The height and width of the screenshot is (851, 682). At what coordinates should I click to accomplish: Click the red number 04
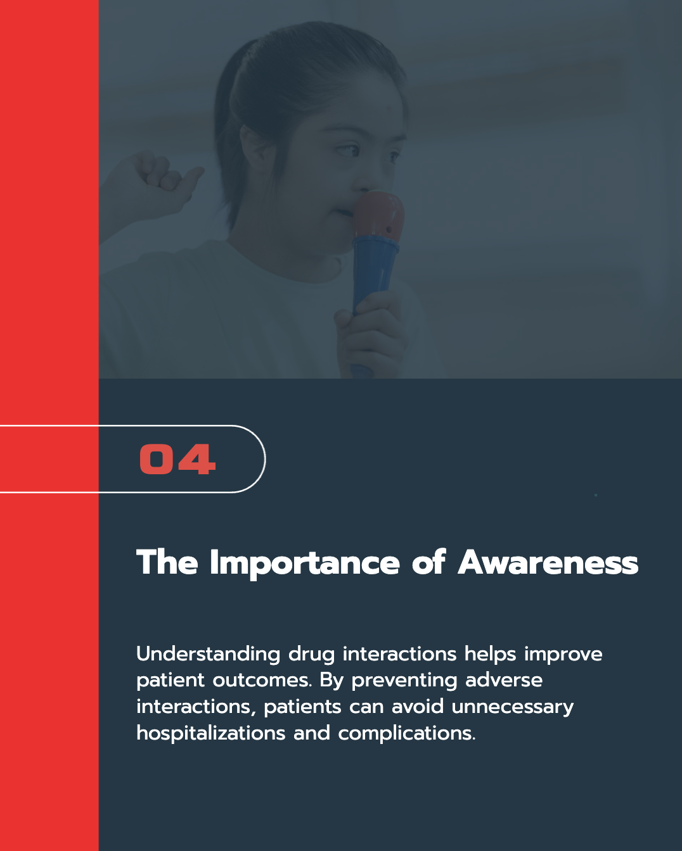point(177,458)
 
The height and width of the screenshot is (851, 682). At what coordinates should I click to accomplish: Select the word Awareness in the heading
point(548,562)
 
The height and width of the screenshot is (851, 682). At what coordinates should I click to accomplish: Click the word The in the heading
point(167,562)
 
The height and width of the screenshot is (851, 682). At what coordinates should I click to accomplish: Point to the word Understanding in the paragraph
point(208,653)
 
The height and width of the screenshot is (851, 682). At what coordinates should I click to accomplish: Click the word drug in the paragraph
point(311,655)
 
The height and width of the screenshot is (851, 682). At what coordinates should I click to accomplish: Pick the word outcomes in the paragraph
point(262,681)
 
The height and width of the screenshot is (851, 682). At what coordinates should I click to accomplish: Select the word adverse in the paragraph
point(503,681)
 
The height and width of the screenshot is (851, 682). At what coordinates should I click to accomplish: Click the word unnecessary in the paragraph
point(513,708)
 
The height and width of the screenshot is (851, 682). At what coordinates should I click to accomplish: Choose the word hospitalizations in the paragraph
point(210,733)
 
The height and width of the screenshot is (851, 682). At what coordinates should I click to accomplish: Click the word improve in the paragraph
point(563,655)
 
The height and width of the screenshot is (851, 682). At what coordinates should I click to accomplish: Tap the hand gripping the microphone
point(371,332)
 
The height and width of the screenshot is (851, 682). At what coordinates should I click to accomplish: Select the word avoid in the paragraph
point(418,707)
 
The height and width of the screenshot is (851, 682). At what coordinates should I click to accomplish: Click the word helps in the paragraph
point(490,655)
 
